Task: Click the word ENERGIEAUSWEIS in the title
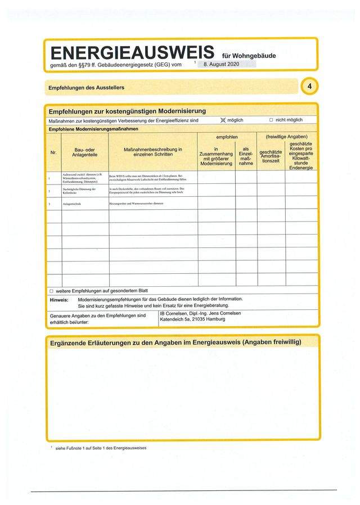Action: pyautogui.click(x=132, y=53)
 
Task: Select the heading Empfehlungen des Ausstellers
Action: pyautogui.click(x=86, y=88)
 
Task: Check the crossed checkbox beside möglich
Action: pyautogui.click(x=222, y=120)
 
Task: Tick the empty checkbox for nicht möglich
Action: pyautogui.click(x=271, y=120)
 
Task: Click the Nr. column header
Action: pyautogui.click(x=53, y=152)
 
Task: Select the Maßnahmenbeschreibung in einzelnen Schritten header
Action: pyautogui.click(x=153, y=152)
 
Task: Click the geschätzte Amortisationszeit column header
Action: pyautogui.click(x=271, y=156)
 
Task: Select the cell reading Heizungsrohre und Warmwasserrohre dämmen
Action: pyautogui.click(x=136, y=202)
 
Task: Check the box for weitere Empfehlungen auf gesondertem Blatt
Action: pyautogui.click(x=51, y=291)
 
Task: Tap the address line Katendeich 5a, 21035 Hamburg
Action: pyautogui.click(x=192, y=319)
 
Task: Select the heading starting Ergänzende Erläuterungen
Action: pyautogui.click(x=175, y=342)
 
